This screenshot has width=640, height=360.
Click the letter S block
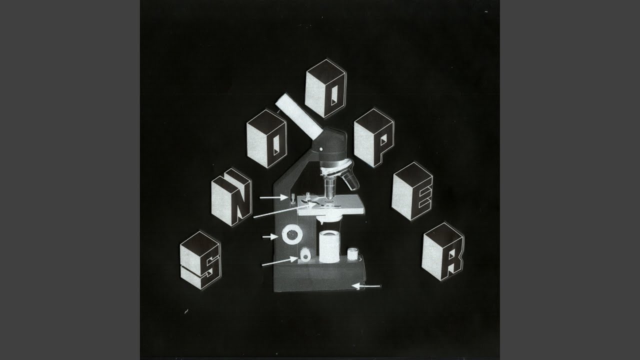pos(200,260)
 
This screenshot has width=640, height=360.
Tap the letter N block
pos(231,197)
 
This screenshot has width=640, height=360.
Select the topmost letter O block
pos(325,88)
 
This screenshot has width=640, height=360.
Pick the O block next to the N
pos(266,138)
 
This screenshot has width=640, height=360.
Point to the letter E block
pos(412,191)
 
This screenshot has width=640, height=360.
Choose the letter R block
pos(442,251)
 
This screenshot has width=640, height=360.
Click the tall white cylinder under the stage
pos(329,247)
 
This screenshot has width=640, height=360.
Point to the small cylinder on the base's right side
pos(353,253)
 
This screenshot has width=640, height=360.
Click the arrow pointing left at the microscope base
pos(367,286)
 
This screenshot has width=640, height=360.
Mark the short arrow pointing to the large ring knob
pos(270,236)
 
